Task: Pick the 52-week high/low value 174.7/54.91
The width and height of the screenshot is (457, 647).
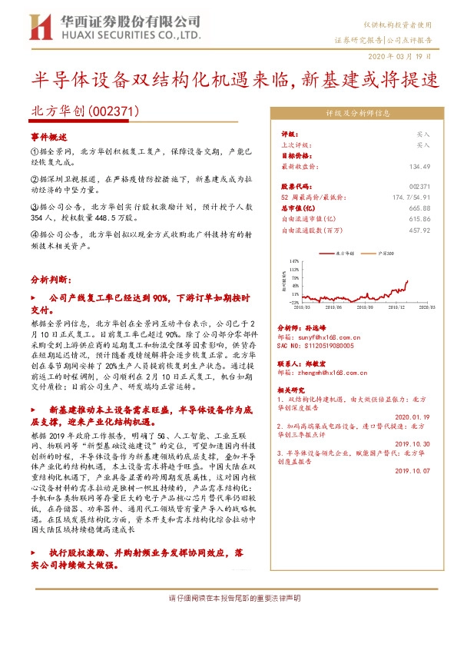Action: pyautogui.click(x=407, y=197)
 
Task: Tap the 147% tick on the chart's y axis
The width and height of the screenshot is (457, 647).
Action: pyautogui.click(x=293, y=261)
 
